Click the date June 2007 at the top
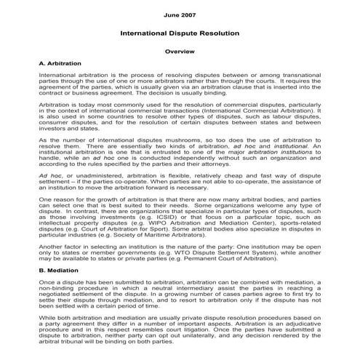pos(179,15)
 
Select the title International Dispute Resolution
pos(179,33)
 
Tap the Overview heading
pos(179,53)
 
